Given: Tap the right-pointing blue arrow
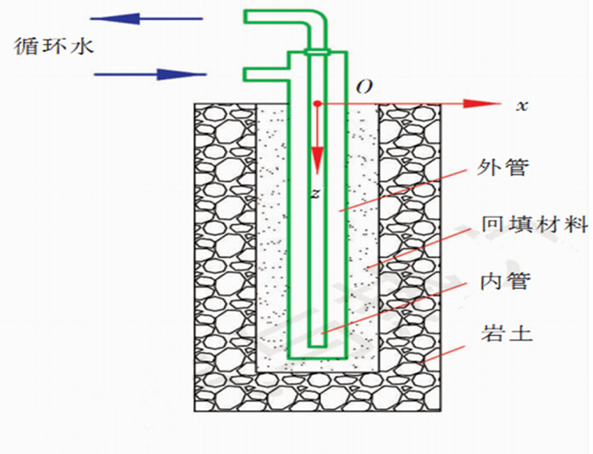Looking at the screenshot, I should [x=150, y=74].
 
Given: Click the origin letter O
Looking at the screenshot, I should [x=363, y=87].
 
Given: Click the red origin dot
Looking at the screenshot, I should [x=317, y=103].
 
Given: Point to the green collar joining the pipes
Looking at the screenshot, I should [x=317, y=52].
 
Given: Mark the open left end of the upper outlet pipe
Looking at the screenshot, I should [x=246, y=18].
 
